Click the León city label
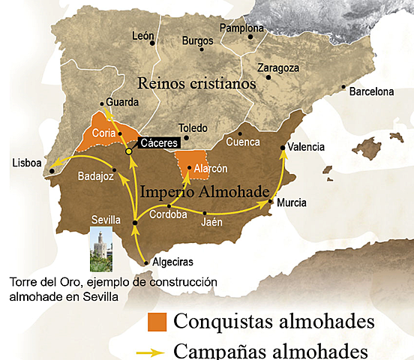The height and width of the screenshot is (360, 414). [142, 35]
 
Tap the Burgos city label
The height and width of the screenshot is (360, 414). [197, 41]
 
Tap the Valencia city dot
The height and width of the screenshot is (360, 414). [283, 148]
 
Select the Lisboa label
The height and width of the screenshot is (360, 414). [27, 163]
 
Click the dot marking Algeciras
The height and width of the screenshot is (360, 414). [145, 262]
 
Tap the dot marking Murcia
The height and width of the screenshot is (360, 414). [271, 202]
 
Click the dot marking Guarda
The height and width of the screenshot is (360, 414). [103, 104]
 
